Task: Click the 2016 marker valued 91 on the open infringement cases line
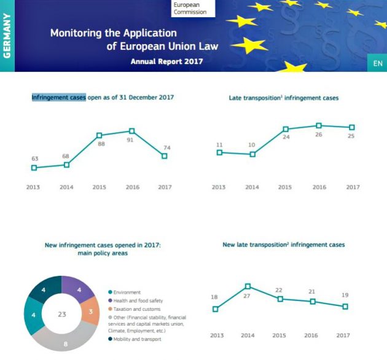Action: (131, 130)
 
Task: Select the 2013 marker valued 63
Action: (34, 168)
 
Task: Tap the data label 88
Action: (100, 144)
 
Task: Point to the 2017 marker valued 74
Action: (165, 156)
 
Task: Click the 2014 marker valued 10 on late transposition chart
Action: (252, 154)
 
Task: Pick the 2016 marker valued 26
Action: (319, 125)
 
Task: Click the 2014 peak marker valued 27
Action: (248, 286)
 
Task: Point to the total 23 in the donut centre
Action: (61, 314)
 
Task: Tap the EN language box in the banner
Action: (377, 63)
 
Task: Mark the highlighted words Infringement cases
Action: (58, 97)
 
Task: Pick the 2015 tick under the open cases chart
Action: (99, 187)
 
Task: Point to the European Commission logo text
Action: (190, 8)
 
